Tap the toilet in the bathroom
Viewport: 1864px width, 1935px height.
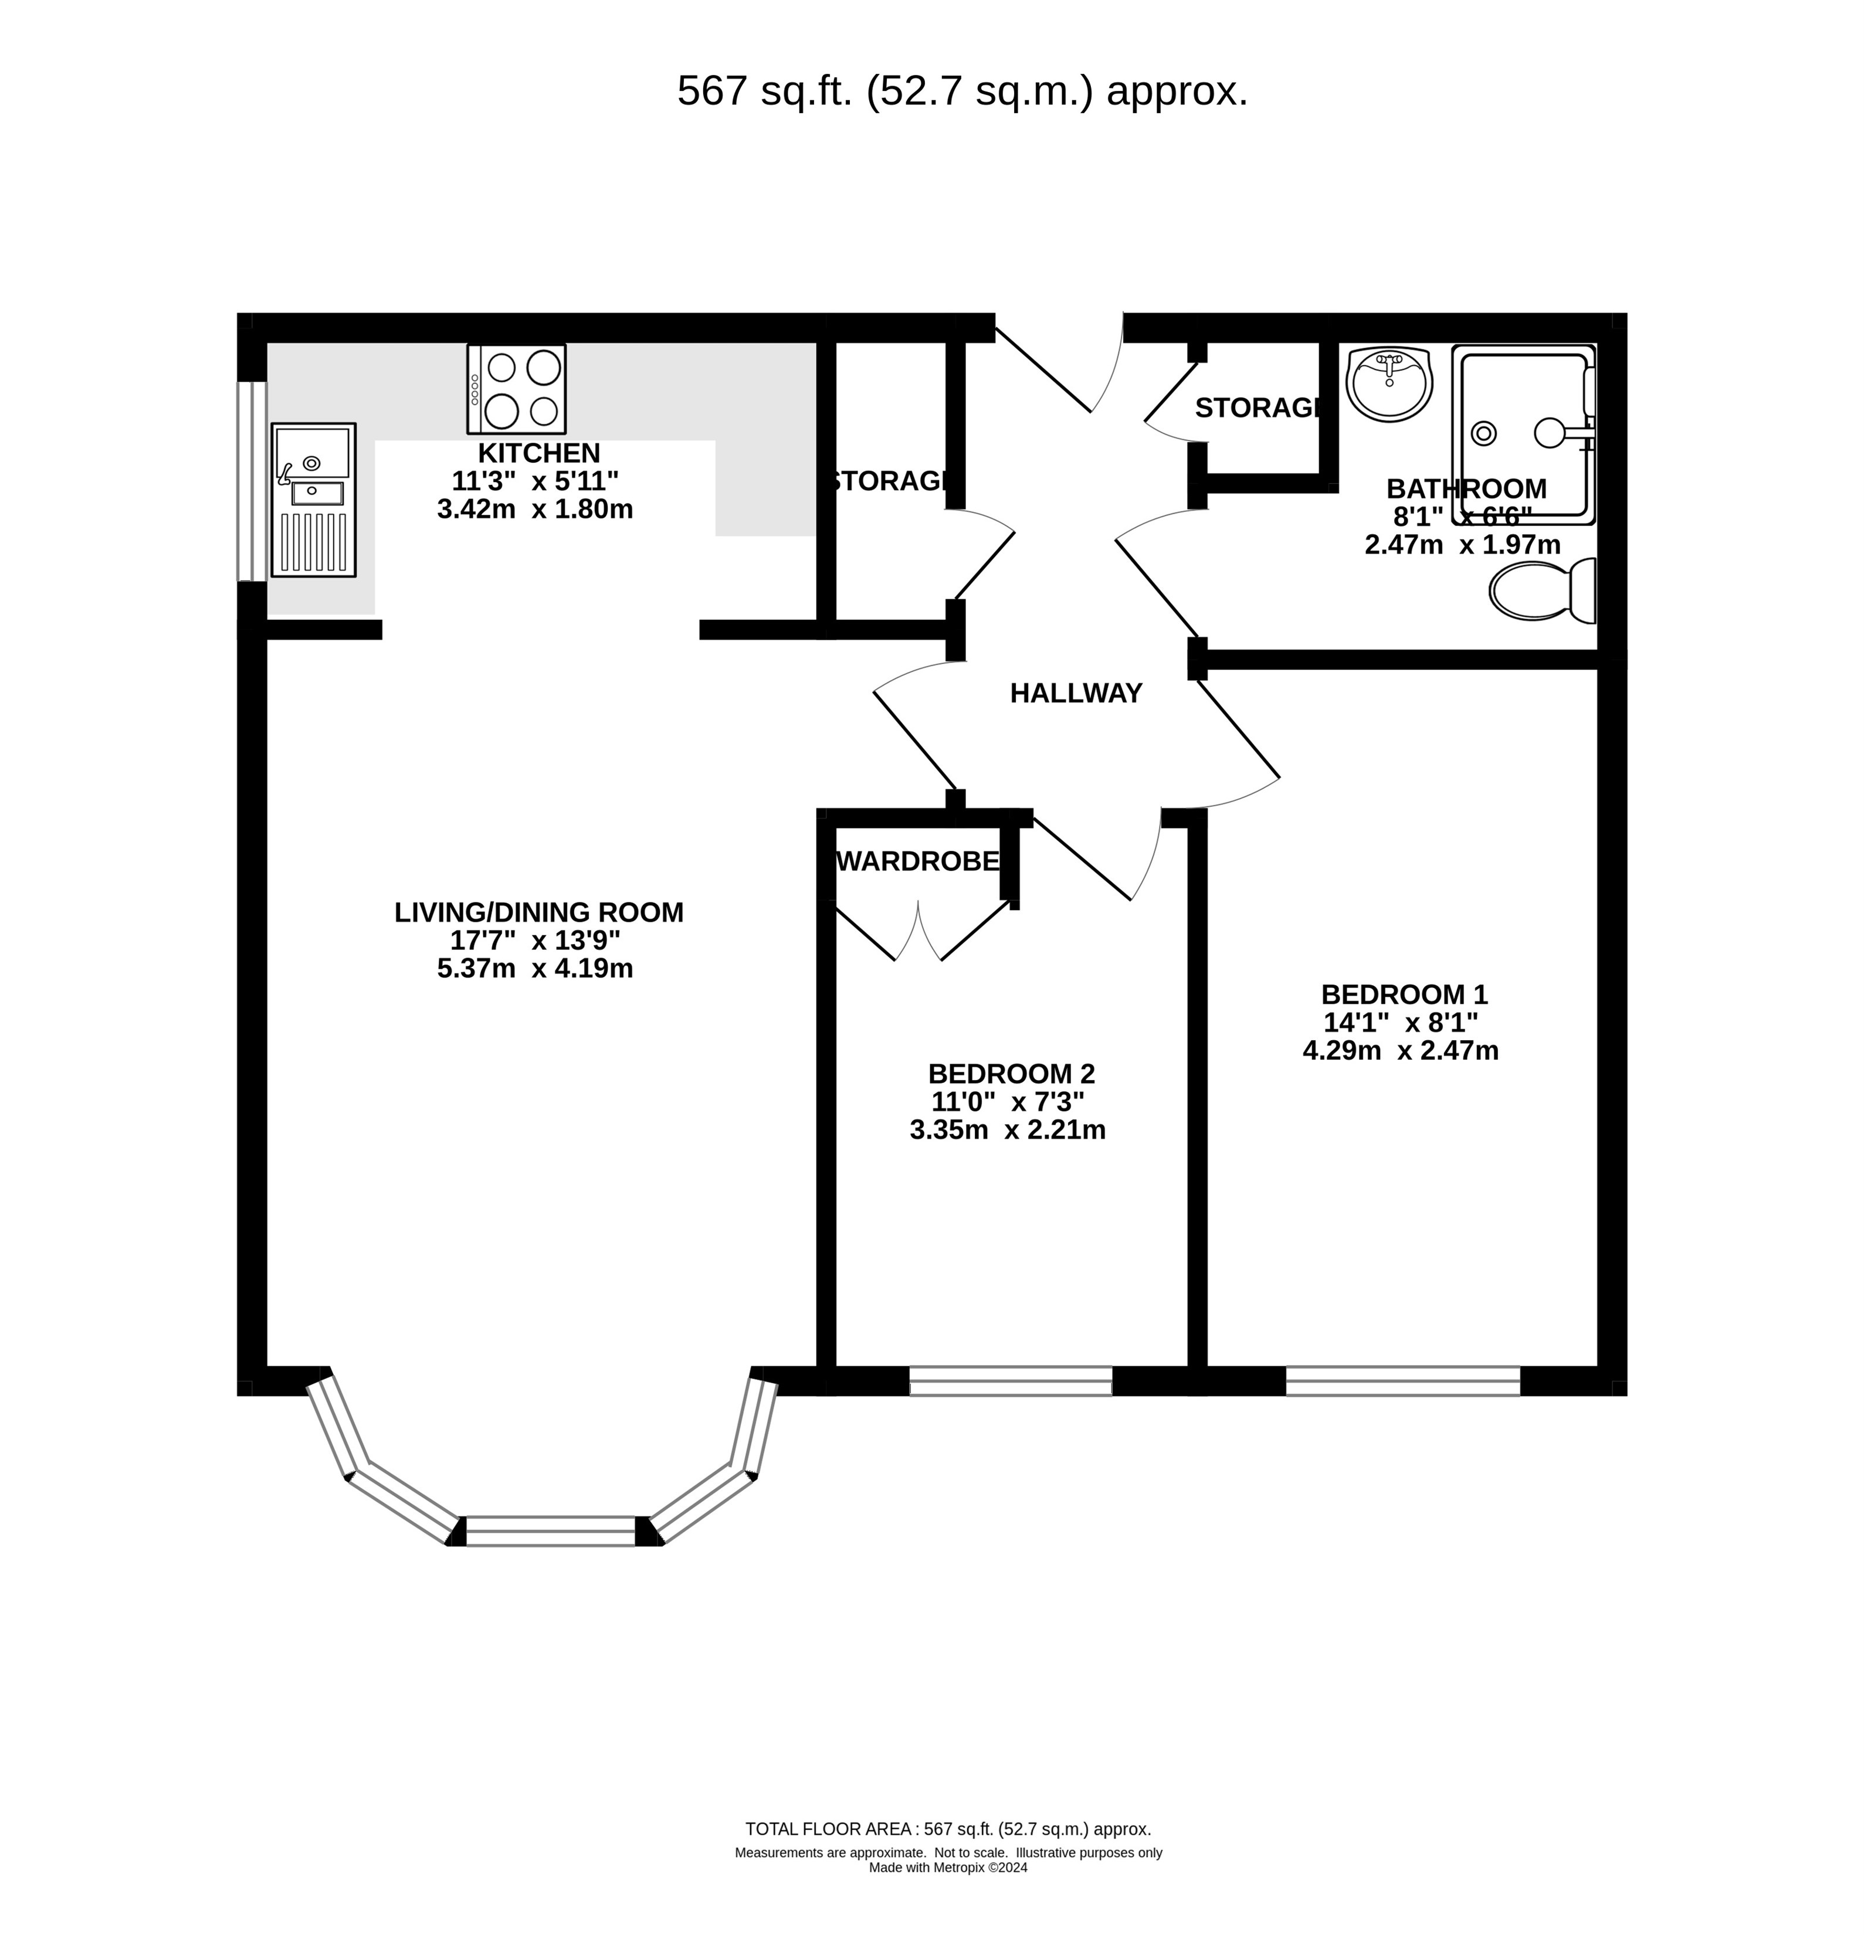1542,590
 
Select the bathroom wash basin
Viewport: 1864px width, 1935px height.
1389,383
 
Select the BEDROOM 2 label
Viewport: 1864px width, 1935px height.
1011,1073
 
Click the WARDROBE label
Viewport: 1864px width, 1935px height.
918,862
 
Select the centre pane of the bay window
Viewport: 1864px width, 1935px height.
550,1530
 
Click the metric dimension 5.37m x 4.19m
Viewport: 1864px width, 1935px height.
535,969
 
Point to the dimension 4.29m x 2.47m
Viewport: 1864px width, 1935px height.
1401,1050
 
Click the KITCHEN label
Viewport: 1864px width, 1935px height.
539,453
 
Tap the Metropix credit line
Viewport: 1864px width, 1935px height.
948,1868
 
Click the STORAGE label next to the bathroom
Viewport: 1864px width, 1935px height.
1256,408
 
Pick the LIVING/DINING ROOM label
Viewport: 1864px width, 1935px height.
539,912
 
